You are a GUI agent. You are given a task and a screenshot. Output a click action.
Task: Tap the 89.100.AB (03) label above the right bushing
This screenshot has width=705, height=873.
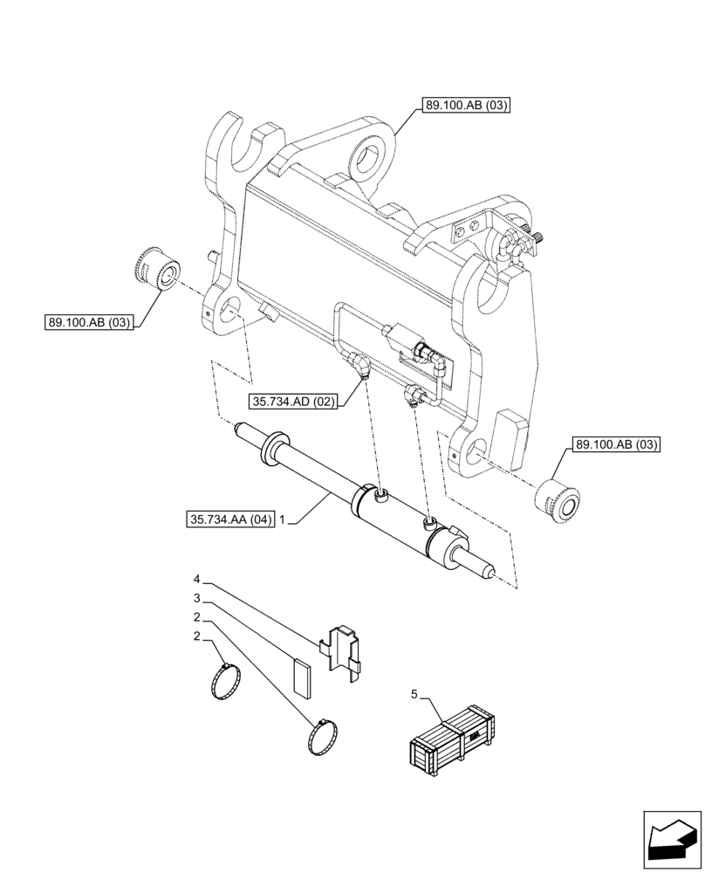tap(616, 444)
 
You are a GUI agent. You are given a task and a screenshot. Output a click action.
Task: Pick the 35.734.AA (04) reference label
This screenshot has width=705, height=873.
tap(230, 521)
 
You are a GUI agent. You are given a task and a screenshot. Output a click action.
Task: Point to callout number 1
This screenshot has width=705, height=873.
tap(282, 521)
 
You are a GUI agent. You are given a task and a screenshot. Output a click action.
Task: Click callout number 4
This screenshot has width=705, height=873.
tap(197, 580)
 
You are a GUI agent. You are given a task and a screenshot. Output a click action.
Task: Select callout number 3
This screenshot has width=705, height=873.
tap(197, 598)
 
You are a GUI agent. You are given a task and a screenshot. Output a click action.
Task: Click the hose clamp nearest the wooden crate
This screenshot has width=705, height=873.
tap(324, 737)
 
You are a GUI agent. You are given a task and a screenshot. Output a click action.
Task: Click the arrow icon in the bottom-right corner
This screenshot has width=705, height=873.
tap(670, 840)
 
